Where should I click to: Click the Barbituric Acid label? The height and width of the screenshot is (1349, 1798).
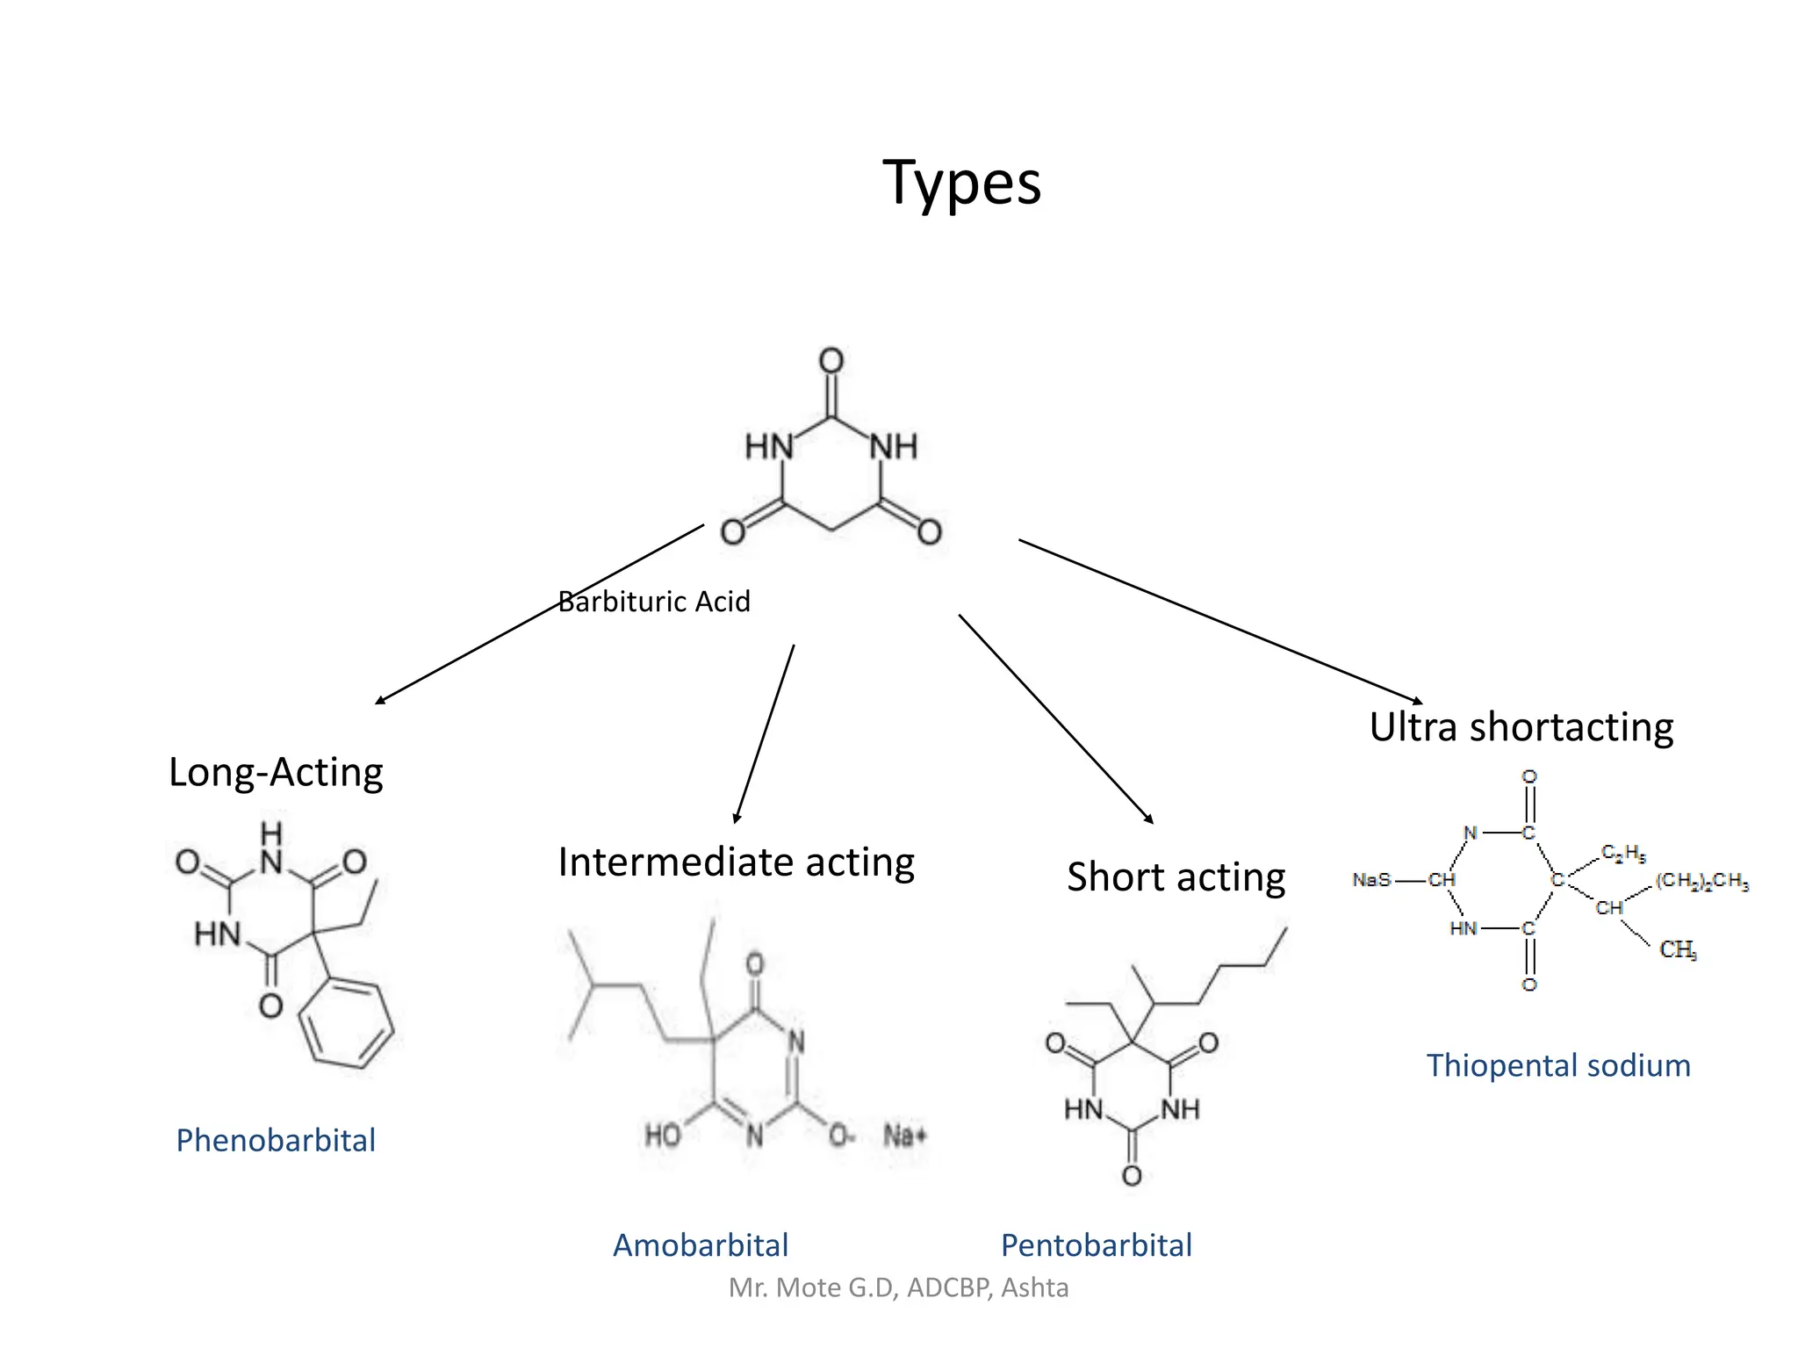[x=654, y=602]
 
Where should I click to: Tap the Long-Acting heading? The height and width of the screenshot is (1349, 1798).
[x=276, y=773]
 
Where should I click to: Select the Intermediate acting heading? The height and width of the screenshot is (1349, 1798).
[x=736, y=862]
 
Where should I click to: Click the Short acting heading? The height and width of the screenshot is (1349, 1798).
[x=1176, y=877]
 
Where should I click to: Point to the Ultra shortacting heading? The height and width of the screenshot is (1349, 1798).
[x=1521, y=727]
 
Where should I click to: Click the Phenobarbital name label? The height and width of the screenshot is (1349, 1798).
[x=276, y=1140]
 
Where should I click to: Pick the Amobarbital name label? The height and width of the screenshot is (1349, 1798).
[x=700, y=1245]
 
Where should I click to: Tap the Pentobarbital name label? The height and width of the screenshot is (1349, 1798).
[x=1096, y=1245]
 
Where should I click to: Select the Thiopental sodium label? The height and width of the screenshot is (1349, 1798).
[x=1557, y=1065]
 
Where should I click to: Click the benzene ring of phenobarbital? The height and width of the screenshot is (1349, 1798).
[x=346, y=1024]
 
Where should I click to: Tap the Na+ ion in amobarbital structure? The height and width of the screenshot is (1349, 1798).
[x=904, y=1136]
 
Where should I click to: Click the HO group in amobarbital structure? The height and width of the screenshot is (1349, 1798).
[x=663, y=1136]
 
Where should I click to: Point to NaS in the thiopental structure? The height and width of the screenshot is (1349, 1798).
[x=1371, y=879]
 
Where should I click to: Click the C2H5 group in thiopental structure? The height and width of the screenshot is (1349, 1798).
[x=1622, y=853]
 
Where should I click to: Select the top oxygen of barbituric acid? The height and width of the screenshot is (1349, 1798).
[x=831, y=360]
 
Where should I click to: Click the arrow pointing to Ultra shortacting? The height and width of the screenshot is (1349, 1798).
[x=1220, y=621]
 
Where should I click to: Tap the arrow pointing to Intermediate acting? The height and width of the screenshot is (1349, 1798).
[x=765, y=733]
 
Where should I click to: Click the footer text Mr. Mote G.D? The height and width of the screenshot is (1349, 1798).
[x=898, y=1288]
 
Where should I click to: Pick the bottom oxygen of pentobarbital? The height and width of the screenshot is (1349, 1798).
[x=1132, y=1175]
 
